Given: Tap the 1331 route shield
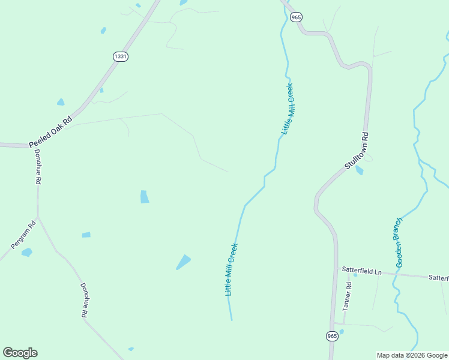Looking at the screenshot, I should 120,56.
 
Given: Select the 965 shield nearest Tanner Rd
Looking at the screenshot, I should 333,336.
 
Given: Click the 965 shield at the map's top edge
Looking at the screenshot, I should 296,17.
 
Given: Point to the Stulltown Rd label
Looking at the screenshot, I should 356,150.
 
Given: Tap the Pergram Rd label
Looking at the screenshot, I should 23,235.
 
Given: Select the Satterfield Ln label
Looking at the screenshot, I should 361,272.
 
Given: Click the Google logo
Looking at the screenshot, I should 20,353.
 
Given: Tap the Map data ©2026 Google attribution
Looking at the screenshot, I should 412,355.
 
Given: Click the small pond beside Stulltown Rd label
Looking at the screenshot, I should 359,170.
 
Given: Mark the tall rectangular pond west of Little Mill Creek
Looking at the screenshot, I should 144,197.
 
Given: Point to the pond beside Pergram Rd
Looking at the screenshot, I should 26,253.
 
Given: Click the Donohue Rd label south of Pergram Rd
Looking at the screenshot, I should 83,300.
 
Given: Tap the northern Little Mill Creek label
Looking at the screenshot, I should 288,109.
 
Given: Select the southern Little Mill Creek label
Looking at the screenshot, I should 231,269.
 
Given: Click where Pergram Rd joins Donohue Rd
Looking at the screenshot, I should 38,217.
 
